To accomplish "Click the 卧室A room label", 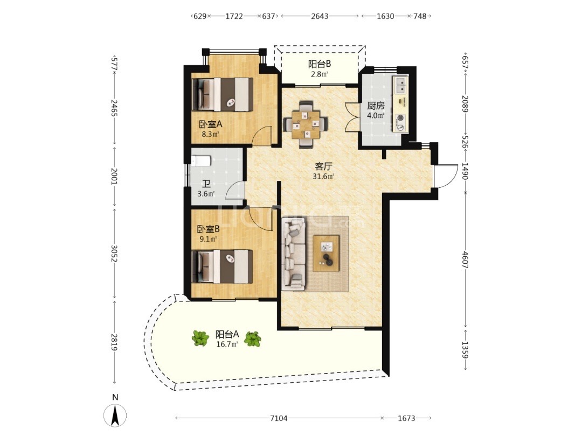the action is coord(210,124).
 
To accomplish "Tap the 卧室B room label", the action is coord(208,229).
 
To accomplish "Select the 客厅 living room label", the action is coord(323,166).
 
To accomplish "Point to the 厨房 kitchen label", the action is coord(376,106).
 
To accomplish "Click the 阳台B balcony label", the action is coord(320,64).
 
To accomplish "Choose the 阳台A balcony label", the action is coord(227,334).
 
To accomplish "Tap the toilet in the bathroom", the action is coord(201,160).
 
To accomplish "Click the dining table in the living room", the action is coord(306,124).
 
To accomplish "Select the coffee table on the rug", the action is coord(326,254).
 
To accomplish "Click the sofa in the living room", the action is coord(294,254).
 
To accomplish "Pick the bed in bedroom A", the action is coord(223,95).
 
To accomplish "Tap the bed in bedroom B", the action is coord(222,267).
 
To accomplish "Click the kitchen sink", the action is coord(400,85).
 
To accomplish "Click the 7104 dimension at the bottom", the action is coord(279,418).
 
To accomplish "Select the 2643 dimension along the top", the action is coord(320,16).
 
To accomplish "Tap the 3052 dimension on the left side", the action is coord(114,254).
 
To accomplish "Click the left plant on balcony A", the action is coord(200,339).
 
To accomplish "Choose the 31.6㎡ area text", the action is coord(323,177).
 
